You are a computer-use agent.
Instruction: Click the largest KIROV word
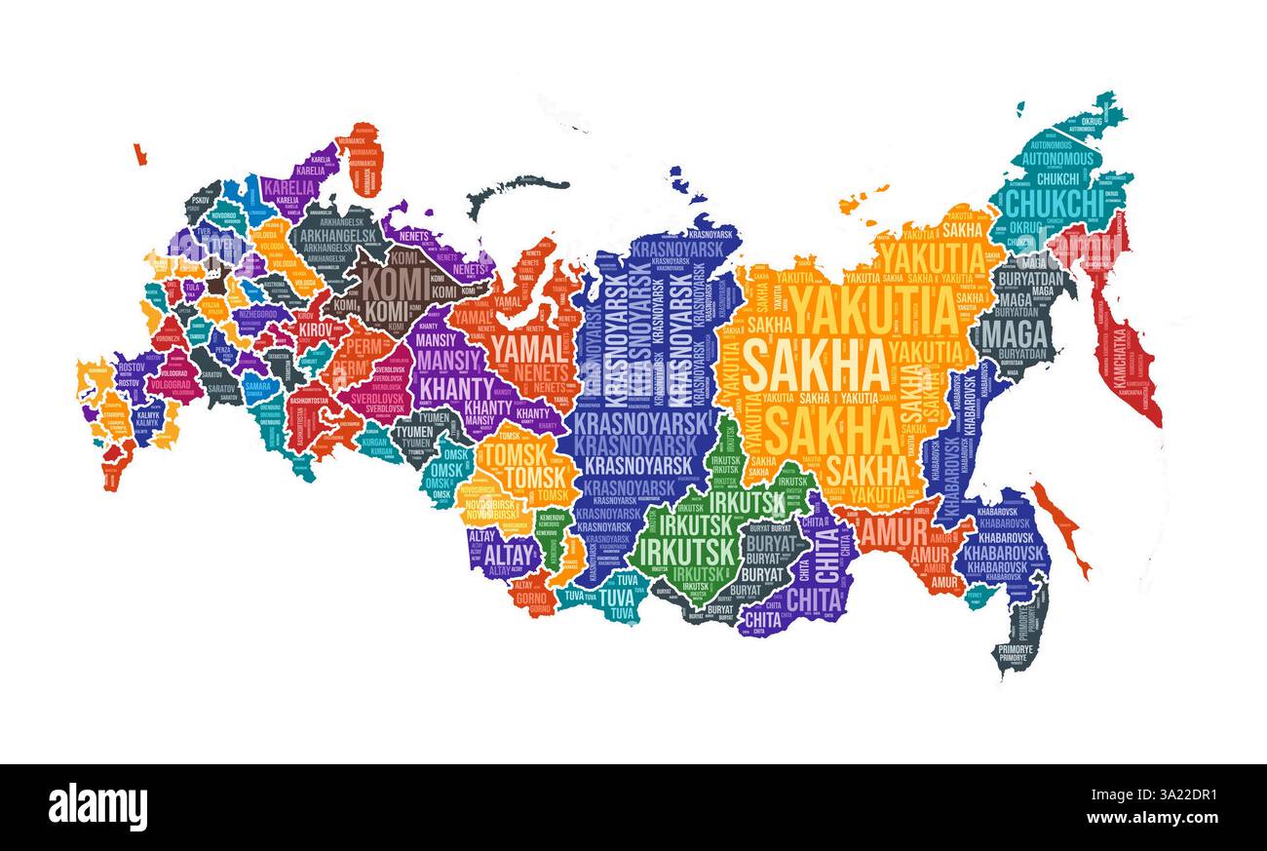(x=315, y=329)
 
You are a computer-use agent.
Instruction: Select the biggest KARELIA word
(x=289, y=187)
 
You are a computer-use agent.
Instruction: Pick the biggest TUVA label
(x=615, y=597)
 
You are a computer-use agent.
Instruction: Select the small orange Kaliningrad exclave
(x=140, y=154)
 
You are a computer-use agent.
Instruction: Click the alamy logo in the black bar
(x=97, y=807)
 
